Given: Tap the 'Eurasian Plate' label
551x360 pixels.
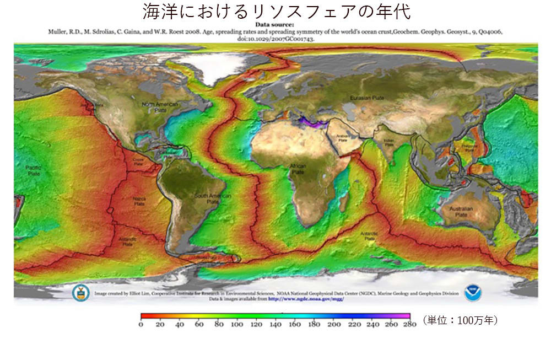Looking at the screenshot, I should (x=363, y=98).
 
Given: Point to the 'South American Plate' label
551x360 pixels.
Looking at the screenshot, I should (x=213, y=199).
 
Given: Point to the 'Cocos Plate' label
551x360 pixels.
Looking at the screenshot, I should (x=138, y=161).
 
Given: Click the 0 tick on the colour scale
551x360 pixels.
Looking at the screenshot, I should (x=141, y=324).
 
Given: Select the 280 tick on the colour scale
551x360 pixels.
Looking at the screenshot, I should (x=410, y=324).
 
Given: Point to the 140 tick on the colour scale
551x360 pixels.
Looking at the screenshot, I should (x=275, y=324).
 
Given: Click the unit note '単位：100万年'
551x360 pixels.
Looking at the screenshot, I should (x=460, y=320).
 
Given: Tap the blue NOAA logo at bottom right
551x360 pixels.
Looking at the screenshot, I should (x=472, y=293).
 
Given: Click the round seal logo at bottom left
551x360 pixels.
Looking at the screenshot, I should (x=80, y=293).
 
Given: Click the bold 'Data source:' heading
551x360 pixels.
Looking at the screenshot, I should (x=275, y=24).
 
